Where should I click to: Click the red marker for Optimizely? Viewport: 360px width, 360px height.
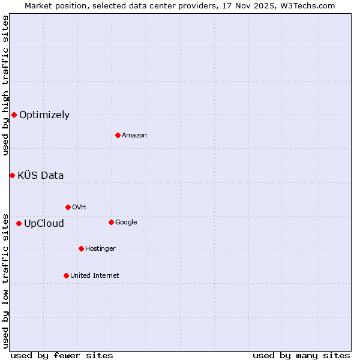(x=14, y=115)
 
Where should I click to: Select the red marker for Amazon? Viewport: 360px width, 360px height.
(x=118, y=135)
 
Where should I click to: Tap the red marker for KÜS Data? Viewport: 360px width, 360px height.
(x=12, y=175)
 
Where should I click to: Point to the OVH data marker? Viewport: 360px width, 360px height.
(x=68, y=207)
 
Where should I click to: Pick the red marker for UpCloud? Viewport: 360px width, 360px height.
(x=19, y=223)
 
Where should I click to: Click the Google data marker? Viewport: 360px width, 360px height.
(x=111, y=222)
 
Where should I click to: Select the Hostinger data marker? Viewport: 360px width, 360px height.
(x=81, y=248)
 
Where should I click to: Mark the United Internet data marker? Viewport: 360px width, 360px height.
(x=66, y=275)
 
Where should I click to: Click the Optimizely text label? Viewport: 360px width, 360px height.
(x=44, y=115)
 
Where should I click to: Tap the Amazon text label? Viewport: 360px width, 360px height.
(x=134, y=136)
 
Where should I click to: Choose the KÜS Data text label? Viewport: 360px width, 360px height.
(x=40, y=176)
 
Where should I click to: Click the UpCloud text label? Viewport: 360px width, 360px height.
(x=44, y=224)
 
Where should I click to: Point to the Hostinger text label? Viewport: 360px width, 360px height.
(x=100, y=249)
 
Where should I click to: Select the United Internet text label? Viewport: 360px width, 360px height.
(x=95, y=276)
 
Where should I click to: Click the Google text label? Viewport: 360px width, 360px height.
(x=126, y=223)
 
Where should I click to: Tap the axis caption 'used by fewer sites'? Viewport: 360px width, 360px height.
(x=62, y=355)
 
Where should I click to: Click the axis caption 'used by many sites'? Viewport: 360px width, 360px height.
(x=301, y=355)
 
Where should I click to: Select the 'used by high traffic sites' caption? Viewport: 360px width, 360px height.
(x=5, y=85)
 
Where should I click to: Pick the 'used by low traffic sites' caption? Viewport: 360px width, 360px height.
(x=5, y=280)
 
